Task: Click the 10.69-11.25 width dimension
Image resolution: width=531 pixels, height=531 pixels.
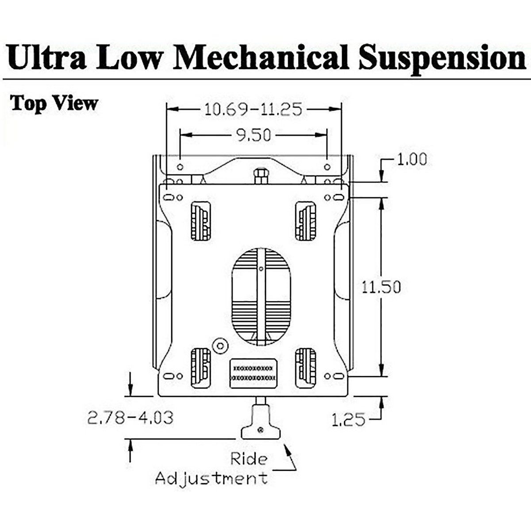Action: coord(253,109)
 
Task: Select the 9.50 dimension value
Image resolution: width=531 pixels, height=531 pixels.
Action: coord(253,135)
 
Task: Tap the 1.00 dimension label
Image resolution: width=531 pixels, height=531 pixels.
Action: coord(412,159)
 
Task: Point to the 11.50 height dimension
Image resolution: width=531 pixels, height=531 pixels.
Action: coord(381,287)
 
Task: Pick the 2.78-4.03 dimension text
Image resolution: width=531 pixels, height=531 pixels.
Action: coord(130,417)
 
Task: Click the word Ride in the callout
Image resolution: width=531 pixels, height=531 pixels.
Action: coord(249,458)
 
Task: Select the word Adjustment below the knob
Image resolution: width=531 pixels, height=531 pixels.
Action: coord(212,478)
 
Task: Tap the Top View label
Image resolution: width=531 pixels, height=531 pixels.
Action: coord(54,103)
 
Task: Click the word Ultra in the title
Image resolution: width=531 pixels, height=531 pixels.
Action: coord(47,58)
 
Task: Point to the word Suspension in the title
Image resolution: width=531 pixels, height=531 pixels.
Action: coord(442,58)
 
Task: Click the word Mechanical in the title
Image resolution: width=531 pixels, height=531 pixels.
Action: coord(261,58)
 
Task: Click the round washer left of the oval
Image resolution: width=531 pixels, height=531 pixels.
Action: coord(219,345)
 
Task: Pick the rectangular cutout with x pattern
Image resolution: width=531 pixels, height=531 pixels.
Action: coord(254,373)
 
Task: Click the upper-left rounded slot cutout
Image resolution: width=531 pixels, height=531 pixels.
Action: coord(200,221)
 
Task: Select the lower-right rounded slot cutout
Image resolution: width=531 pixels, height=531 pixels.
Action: coord(305,368)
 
